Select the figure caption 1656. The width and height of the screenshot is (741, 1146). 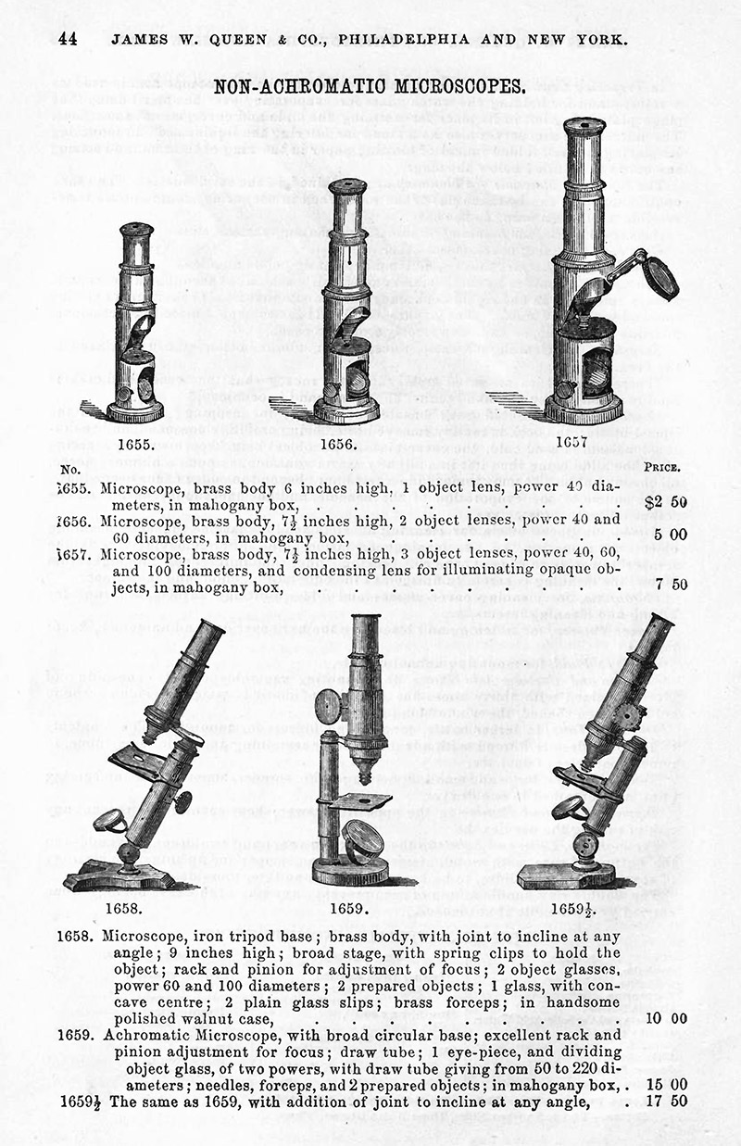339,444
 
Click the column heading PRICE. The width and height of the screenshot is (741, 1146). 667,468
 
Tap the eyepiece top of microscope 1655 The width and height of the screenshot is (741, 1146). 136,227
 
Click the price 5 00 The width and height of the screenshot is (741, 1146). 672,535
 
